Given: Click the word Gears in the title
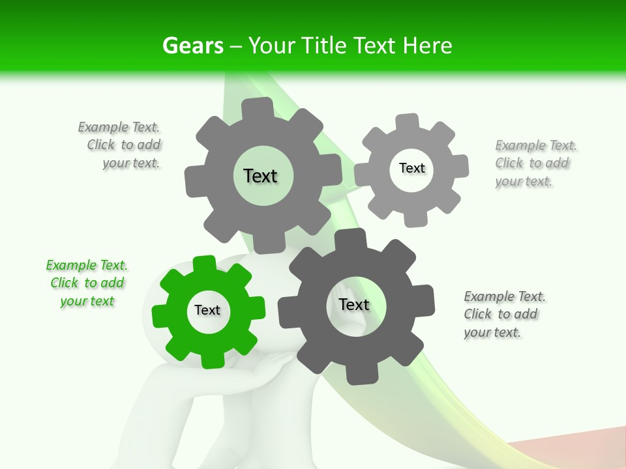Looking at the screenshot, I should point(193,46).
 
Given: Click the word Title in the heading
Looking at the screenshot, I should point(324,46).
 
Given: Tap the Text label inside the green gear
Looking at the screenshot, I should point(207,310).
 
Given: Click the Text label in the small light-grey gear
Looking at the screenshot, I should point(411,168).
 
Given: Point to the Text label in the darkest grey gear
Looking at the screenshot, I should point(354,304).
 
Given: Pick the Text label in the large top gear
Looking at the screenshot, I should point(260,176).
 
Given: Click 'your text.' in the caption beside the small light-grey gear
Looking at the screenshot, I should point(524,181).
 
